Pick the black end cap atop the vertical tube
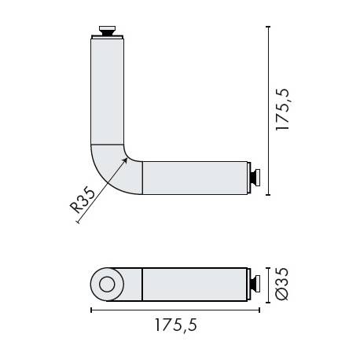108,32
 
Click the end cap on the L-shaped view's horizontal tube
255,178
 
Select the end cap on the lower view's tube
255,284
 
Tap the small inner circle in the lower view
108,284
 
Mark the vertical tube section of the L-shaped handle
108,90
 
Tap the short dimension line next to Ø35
269,284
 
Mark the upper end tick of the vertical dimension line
269,27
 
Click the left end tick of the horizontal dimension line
91,310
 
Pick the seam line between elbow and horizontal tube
142,178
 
